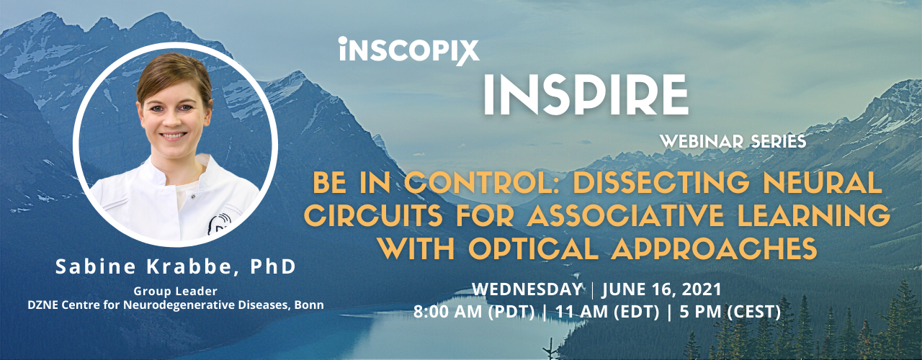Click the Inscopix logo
coord(409,51)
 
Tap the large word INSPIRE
coord(586,95)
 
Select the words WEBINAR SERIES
coord(733,142)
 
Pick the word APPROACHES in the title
coord(714,248)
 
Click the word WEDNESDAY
coord(527,289)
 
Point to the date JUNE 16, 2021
coord(662,289)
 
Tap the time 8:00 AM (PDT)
coord(474,312)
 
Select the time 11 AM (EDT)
coord(607,312)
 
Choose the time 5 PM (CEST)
coord(730,312)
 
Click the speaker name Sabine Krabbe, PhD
coord(176,266)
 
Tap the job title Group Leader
coord(175,292)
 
